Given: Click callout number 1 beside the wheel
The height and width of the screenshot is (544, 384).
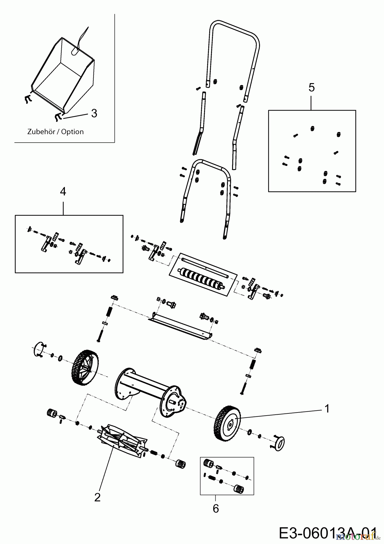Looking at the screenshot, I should point(326,409).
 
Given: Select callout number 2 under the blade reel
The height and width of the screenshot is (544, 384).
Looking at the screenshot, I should point(97,497).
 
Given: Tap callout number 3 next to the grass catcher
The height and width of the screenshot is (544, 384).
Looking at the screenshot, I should point(94,114).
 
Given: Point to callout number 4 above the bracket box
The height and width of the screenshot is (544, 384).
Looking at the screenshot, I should point(63,191).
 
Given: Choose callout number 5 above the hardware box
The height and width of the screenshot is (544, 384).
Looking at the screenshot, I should point(312,88).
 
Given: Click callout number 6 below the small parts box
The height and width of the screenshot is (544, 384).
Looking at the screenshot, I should point(216,509).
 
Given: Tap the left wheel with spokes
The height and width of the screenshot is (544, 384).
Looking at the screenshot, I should point(84,367).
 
